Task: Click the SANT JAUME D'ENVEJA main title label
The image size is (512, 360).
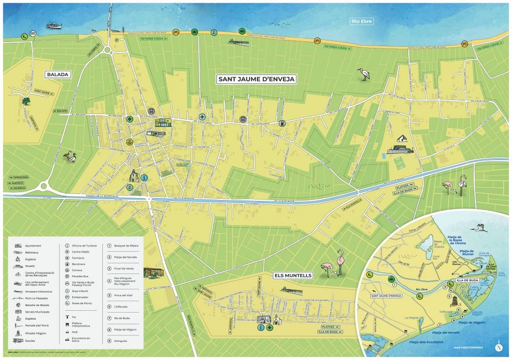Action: pyautogui.click(x=257, y=79)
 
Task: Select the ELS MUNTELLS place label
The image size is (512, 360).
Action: pyautogui.click(x=293, y=276)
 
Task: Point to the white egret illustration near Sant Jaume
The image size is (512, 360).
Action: pyautogui.click(x=364, y=74)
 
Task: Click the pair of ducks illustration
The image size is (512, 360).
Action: pyautogui.click(x=70, y=157)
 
